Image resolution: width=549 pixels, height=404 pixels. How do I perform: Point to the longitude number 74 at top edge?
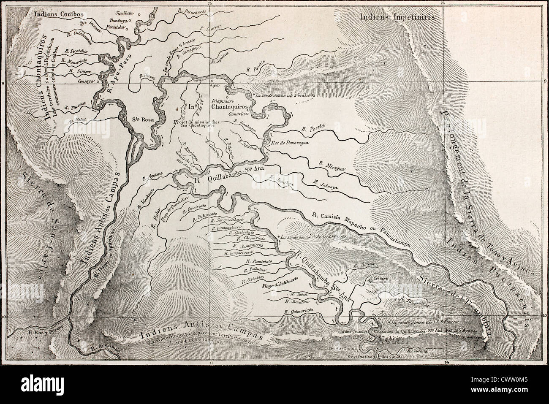click(x=443, y=3)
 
